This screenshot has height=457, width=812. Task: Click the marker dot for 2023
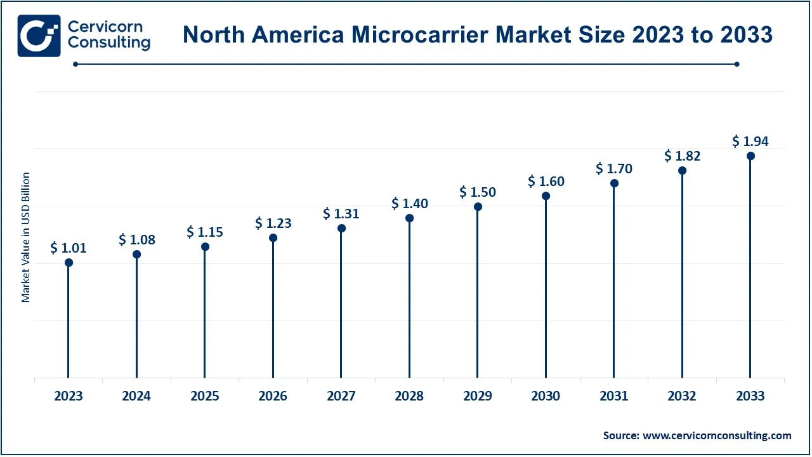tap(69, 263)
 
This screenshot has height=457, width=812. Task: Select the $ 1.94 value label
tap(750, 141)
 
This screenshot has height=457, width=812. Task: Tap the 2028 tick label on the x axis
tap(409, 396)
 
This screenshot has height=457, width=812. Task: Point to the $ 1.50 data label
tap(478, 192)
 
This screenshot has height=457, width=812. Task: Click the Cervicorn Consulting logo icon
tap(39, 36)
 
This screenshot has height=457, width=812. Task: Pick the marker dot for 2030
tap(546, 195)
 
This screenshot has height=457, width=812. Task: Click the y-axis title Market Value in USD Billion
tap(26, 237)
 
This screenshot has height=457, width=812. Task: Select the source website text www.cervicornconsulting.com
tap(717, 435)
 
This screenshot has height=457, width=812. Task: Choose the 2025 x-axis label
tap(205, 396)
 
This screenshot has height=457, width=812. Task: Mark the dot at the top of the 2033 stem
tap(750, 156)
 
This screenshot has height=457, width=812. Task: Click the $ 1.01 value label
tap(69, 248)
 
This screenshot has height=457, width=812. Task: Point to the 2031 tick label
tap(614, 396)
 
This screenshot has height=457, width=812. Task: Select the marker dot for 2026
tap(273, 238)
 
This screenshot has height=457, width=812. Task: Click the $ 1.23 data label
tap(273, 223)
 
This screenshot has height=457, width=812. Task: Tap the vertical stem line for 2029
tap(478, 292)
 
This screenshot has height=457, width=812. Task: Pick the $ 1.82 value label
tap(682, 156)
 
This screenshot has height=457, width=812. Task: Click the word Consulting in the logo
tap(108, 43)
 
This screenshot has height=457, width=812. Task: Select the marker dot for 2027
tap(341, 228)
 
